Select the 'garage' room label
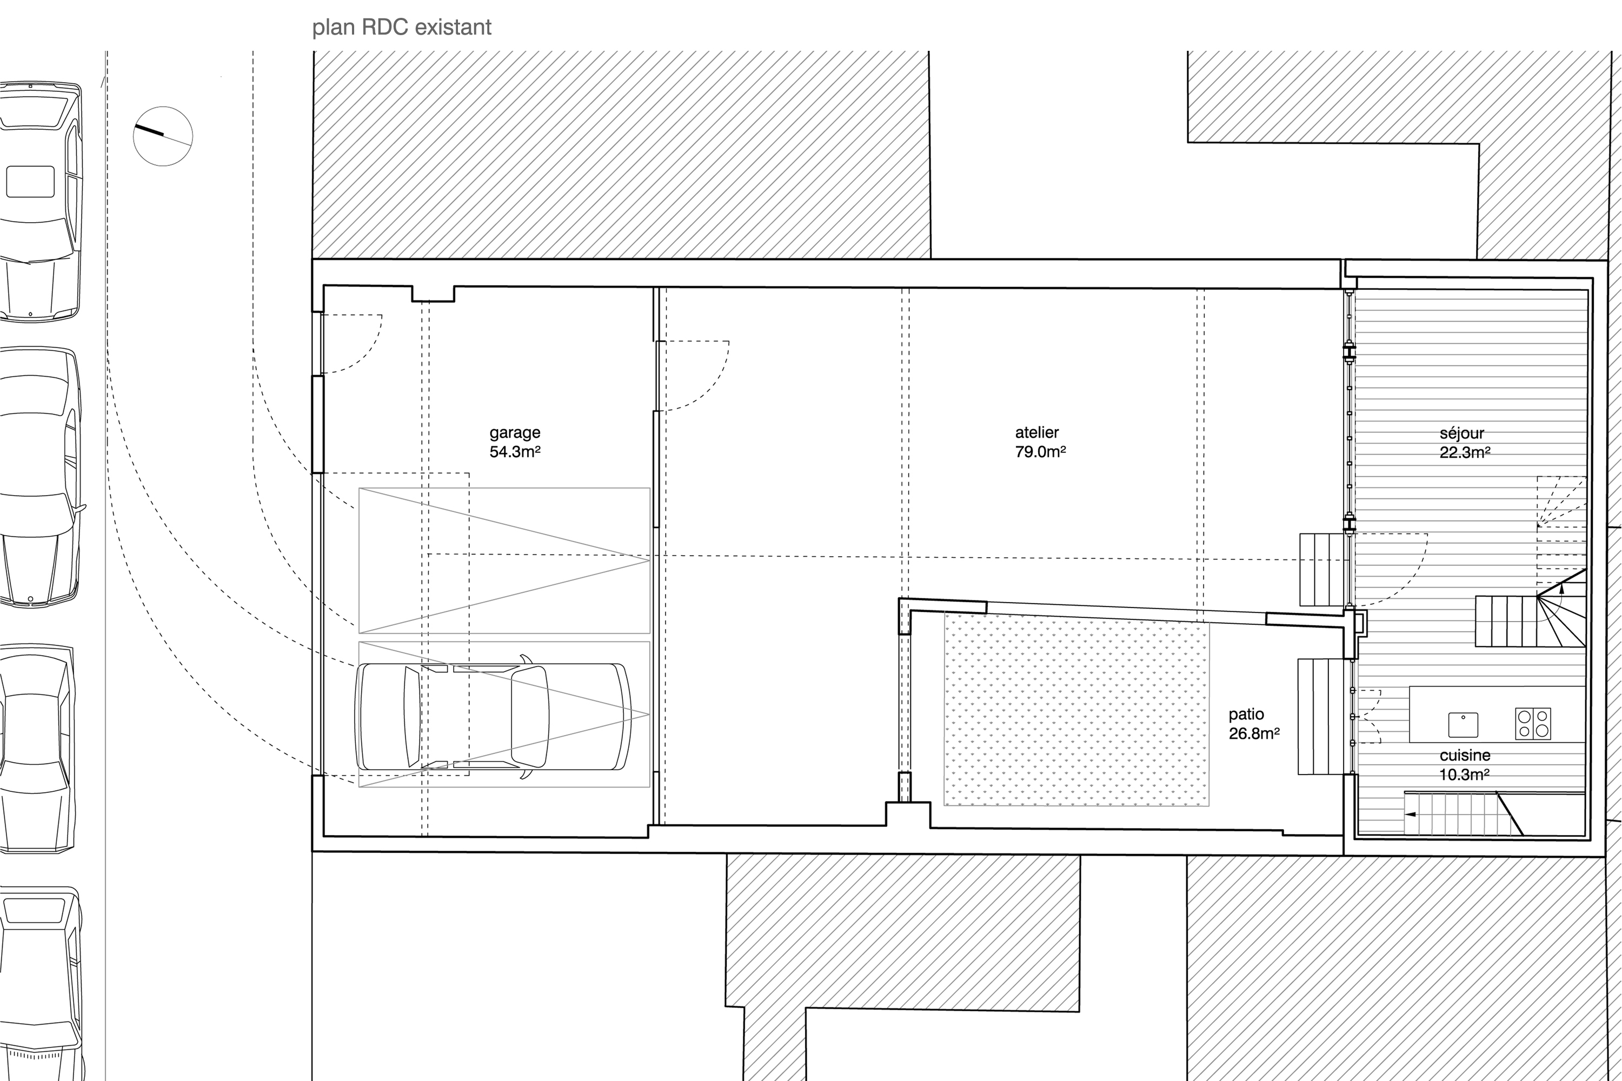point(515,433)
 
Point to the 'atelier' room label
point(1036,432)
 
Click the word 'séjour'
point(1462,433)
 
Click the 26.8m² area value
point(1254,733)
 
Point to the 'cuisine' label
point(1465,756)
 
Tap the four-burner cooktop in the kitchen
point(1532,724)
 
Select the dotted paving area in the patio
point(1076,710)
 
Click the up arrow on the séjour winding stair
point(1562,588)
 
